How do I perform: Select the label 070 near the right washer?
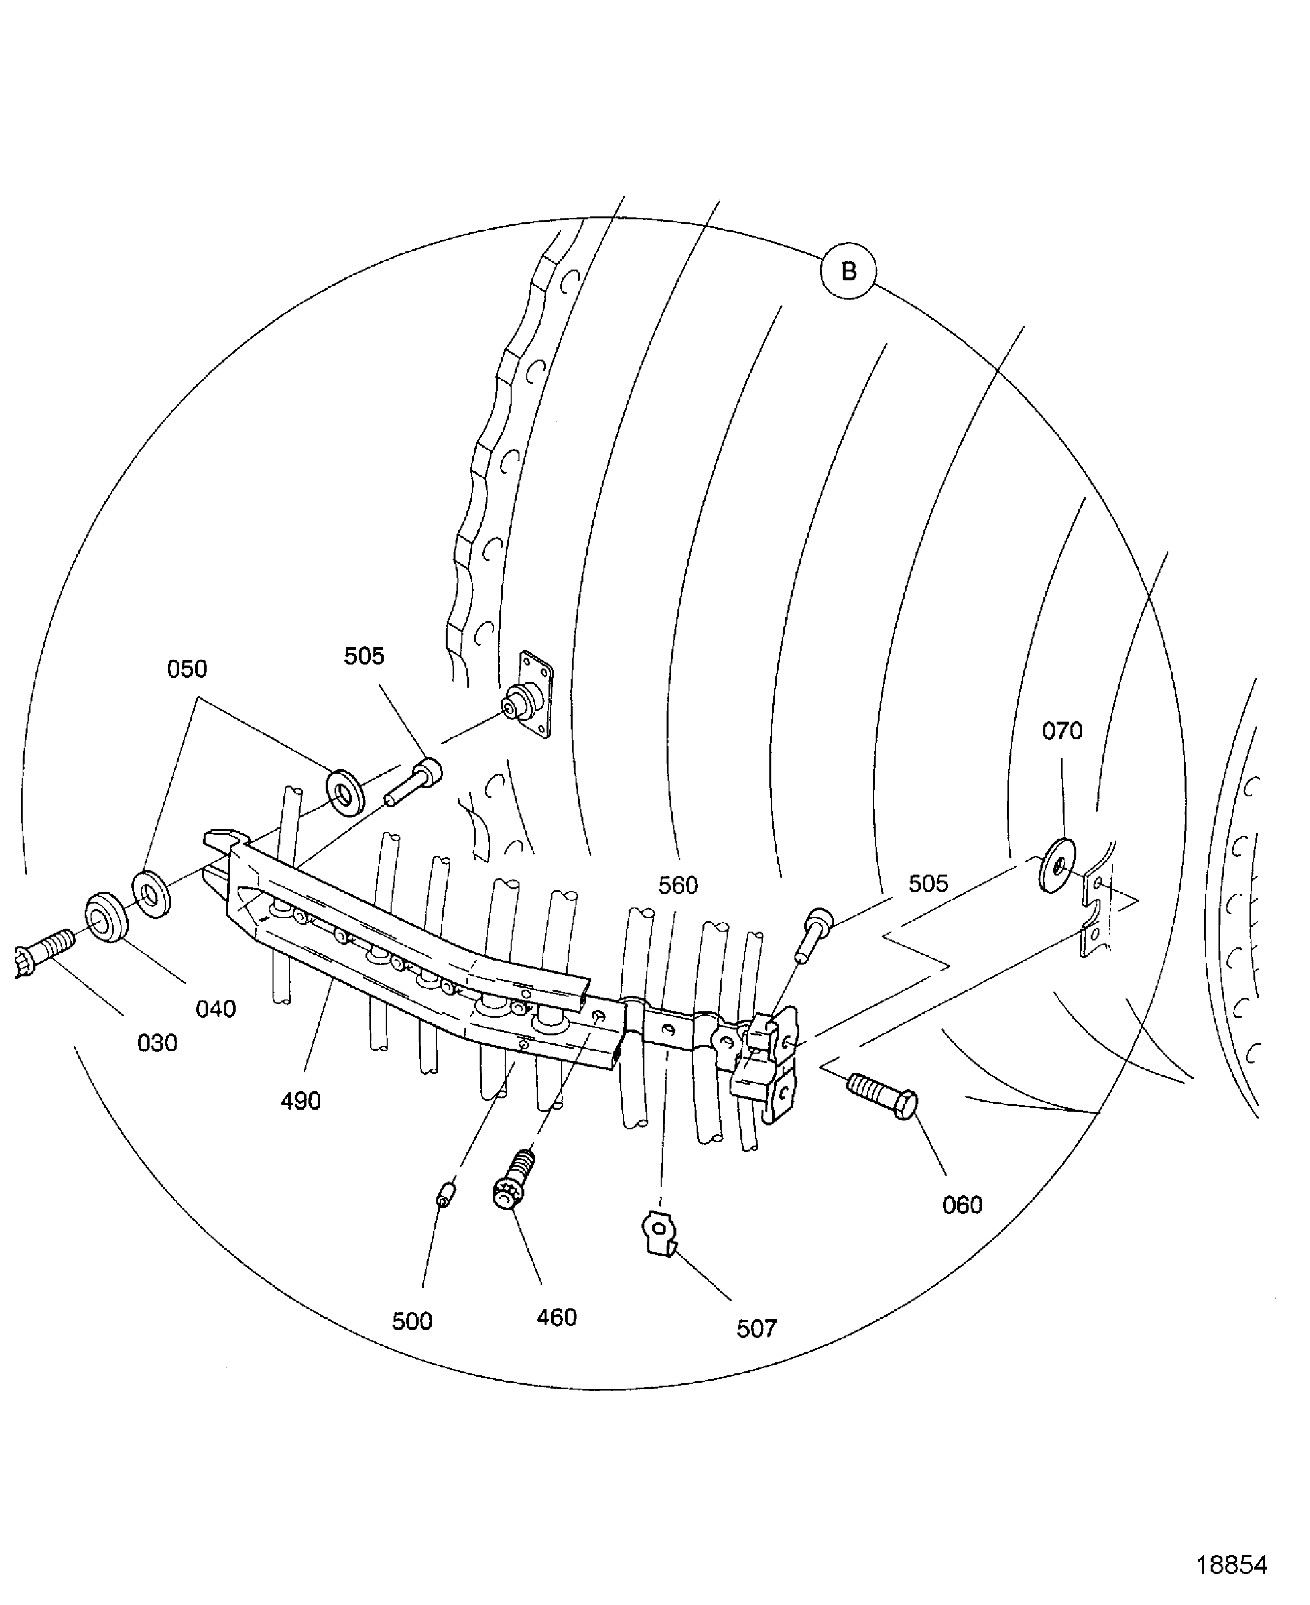(1062, 730)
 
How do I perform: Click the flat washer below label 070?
(1058, 864)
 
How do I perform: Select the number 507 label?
(756, 1329)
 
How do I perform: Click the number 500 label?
(412, 1321)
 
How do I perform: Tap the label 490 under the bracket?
(301, 1101)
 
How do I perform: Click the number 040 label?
(216, 1009)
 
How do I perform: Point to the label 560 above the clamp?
(678, 885)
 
